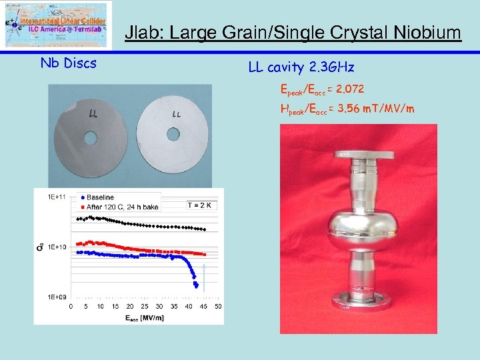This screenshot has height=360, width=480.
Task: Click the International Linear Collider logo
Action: (x=55, y=24)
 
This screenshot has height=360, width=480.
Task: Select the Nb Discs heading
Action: (x=69, y=63)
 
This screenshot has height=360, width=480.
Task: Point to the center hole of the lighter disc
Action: (x=173, y=133)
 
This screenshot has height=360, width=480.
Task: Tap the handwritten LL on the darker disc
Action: (x=94, y=113)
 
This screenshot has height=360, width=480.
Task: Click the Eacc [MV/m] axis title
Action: (x=145, y=317)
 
